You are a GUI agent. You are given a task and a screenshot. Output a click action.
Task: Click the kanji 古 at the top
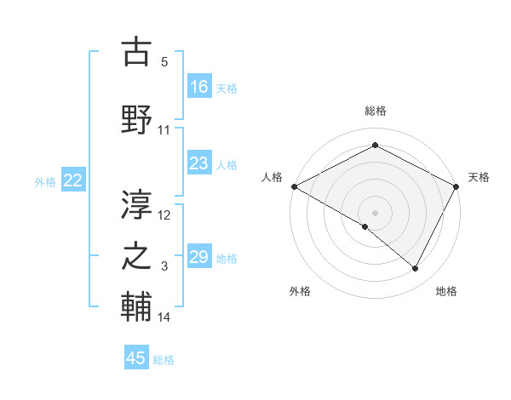coord(137,53)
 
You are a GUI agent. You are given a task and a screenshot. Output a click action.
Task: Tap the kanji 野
coord(137,118)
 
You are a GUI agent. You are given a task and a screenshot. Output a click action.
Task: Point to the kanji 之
coord(137,256)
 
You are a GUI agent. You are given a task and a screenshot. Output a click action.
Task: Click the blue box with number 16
coord(199,87)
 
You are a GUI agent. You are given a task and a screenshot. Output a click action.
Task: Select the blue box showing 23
coord(199,163)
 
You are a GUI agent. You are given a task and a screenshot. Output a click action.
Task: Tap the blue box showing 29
coord(199,257)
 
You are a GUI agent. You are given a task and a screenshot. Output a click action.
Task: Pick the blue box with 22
coord(73,180)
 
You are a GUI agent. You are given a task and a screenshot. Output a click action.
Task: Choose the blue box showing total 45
coord(136,358)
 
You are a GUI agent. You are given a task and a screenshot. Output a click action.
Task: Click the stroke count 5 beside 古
coord(164,62)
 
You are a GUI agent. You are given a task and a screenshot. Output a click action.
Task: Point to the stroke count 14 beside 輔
coord(164,317)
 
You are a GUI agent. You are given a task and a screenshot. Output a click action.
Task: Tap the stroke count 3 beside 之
coord(164,267)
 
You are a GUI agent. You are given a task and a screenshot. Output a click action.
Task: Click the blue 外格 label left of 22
coord(45,181)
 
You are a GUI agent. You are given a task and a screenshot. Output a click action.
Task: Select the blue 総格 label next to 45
coord(164,360)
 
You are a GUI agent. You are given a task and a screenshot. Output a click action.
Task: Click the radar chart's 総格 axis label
coord(375,111)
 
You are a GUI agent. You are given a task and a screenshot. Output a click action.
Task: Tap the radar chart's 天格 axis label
coord(479,177)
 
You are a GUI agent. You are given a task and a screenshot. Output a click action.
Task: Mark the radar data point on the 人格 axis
coord(294,186)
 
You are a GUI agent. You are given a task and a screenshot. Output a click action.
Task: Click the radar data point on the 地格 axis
coord(416,269)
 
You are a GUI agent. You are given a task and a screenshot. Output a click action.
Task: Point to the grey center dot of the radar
coord(375,212)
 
